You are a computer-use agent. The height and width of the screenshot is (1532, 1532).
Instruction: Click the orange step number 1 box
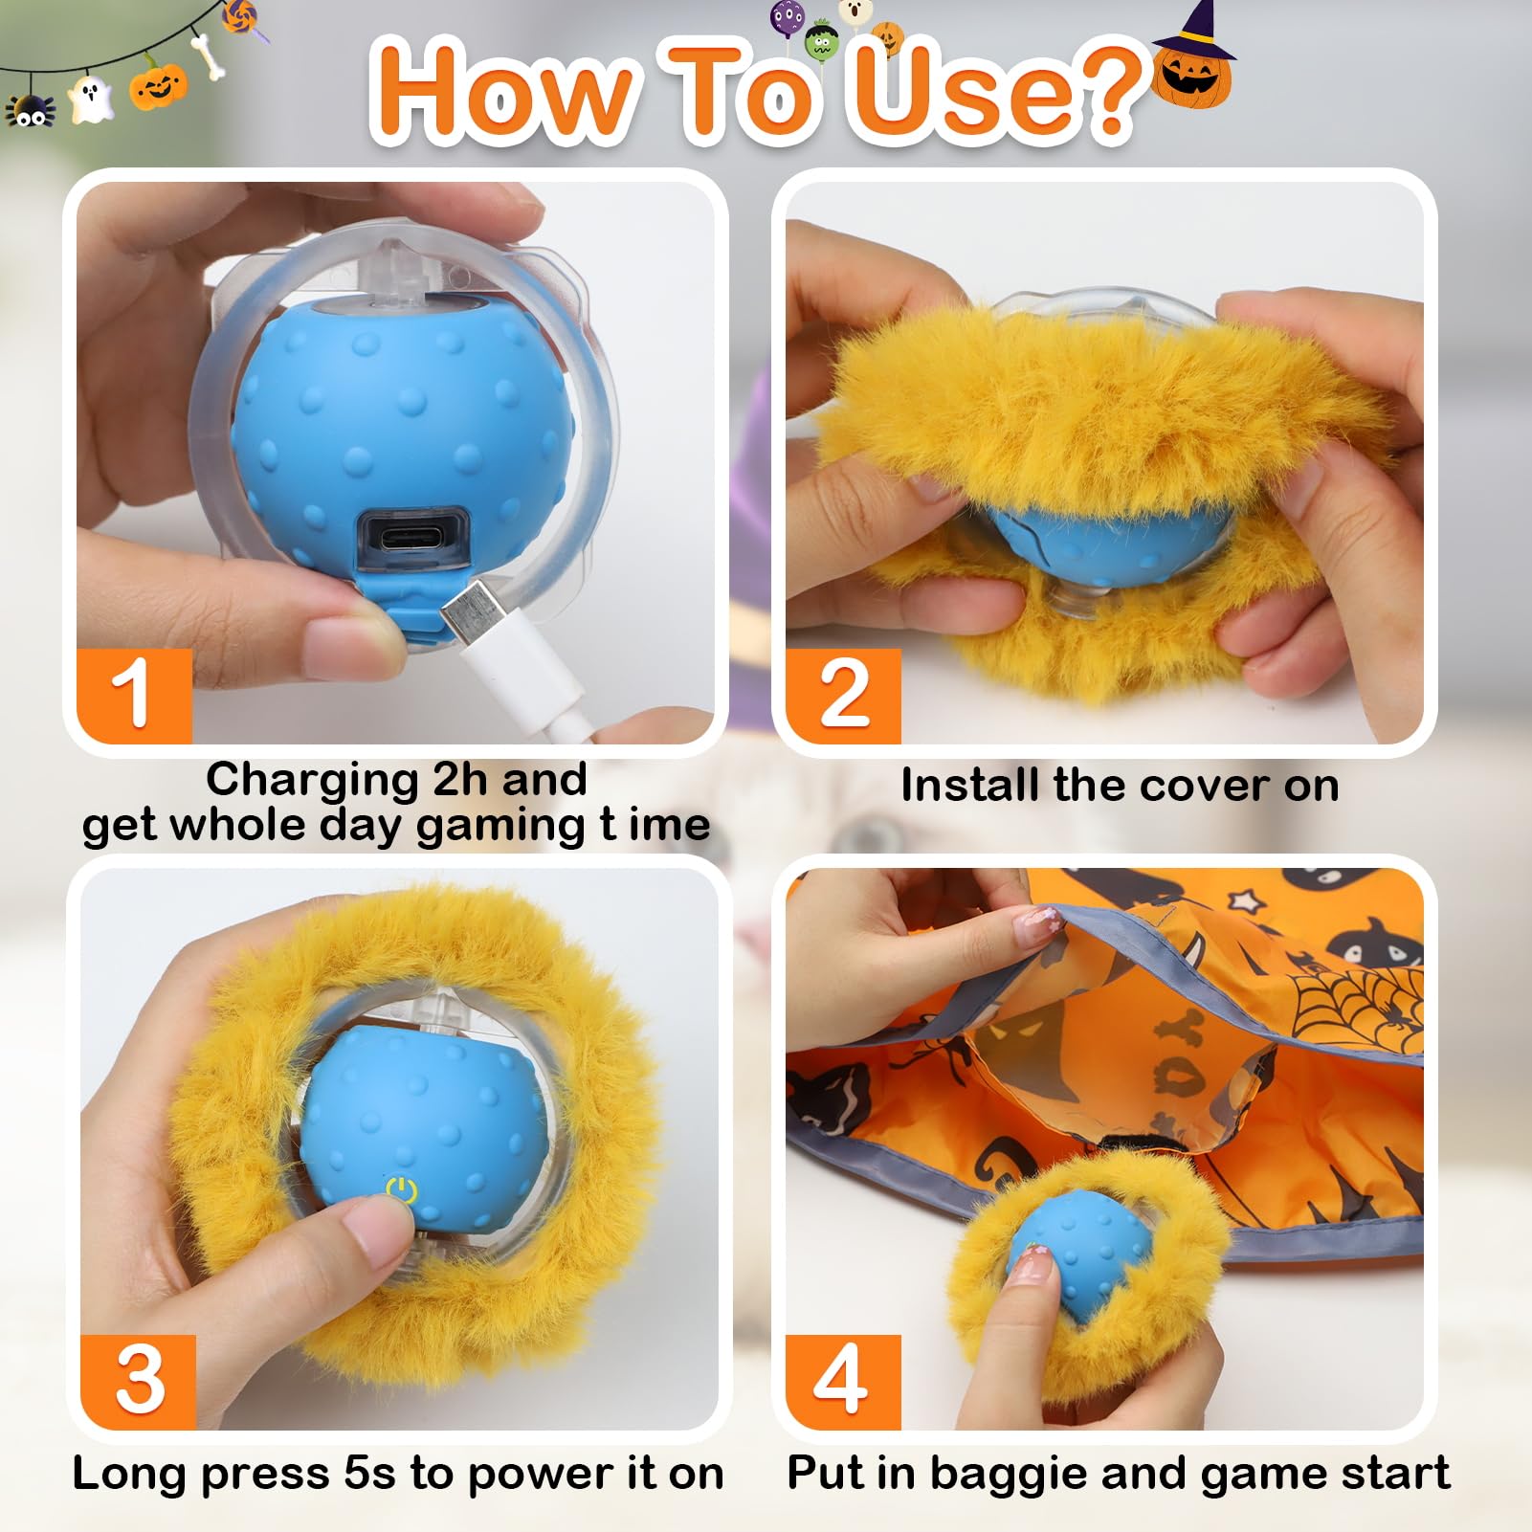(134, 695)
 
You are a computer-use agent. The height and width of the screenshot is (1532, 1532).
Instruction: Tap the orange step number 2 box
(843, 695)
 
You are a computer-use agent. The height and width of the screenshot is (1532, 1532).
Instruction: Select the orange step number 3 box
(138, 1381)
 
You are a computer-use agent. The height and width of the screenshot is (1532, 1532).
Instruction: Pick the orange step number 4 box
(843, 1381)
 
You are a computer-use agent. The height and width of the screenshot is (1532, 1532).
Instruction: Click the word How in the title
(501, 92)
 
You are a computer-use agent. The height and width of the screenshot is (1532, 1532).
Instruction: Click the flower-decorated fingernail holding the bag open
(1035, 924)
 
